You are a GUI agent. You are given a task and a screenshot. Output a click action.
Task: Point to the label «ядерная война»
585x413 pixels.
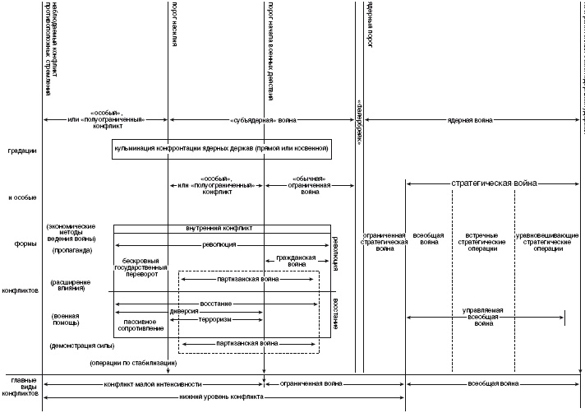pyautogui.click(x=470, y=120)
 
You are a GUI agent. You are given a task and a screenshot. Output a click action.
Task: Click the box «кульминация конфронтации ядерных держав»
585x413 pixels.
pyautogui.click(x=221, y=149)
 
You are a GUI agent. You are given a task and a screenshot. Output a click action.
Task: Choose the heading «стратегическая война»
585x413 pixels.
pyautogui.click(x=494, y=183)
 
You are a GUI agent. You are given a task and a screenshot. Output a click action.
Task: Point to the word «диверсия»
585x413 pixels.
pyautogui.click(x=184, y=312)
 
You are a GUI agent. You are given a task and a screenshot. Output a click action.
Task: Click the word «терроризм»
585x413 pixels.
pyautogui.click(x=214, y=319)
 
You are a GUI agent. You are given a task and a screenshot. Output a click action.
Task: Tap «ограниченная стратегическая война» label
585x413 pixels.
pyautogui.click(x=385, y=244)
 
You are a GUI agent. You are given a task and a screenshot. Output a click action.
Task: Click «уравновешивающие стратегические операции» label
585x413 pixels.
pyautogui.click(x=548, y=244)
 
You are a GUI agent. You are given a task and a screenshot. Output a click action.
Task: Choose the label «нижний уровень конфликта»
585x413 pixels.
pyautogui.click(x=222, y=397)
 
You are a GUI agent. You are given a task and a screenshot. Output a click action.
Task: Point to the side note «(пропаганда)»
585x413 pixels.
pyautogui.click(x=73, y=248)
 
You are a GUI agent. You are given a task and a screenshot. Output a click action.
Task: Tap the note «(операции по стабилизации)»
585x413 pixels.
pyautogui.click(x=128, y=363)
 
